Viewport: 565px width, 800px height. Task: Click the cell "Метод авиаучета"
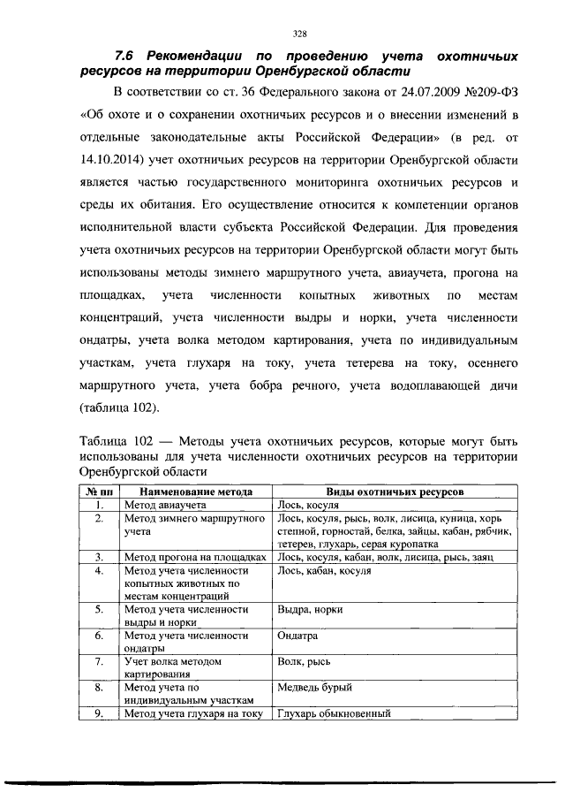click(165, 505)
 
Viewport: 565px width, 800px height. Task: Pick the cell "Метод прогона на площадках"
click(195, 557)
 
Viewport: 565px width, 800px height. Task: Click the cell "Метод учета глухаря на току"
click(194, 713)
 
